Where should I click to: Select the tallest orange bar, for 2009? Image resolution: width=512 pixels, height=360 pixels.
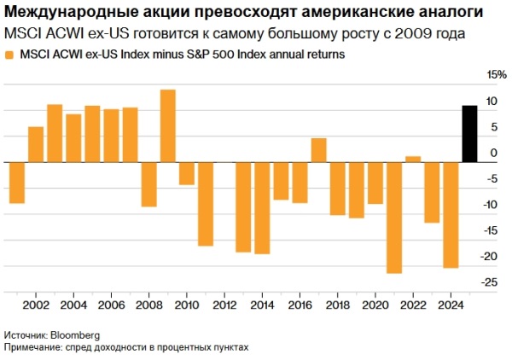coord(168,125)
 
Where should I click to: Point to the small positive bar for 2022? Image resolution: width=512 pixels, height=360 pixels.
coord(413,159)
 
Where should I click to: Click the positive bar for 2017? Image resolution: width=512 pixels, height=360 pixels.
coord(318,150)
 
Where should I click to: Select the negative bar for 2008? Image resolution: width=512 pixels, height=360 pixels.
coord(149,184)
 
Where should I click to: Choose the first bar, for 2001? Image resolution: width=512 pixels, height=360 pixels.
coord(17,183)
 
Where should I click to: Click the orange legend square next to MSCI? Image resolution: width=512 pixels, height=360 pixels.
coord(9,55)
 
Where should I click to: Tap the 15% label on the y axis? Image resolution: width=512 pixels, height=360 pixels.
coord(496,75)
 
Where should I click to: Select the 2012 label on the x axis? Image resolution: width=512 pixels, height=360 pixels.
coord(224,305)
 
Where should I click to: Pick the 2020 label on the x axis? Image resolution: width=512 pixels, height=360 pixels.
coord(375,305)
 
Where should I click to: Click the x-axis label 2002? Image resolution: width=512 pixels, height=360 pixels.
coord(36,305)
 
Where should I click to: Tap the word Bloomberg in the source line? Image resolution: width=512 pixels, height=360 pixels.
coord(74,335)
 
